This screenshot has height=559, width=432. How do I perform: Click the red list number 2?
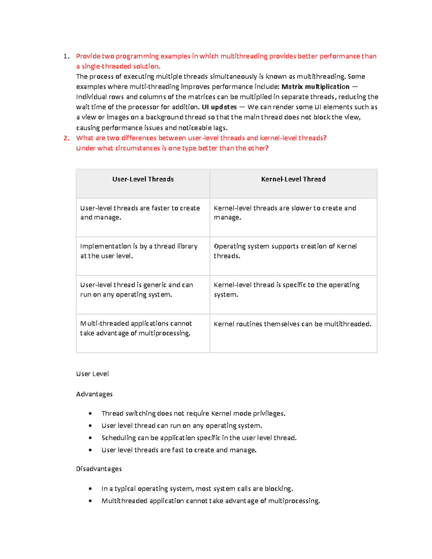tap(66, 138)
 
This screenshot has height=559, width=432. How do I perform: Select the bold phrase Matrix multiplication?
tap(315, 87)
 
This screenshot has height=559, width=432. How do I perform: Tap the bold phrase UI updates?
tap(219, 107)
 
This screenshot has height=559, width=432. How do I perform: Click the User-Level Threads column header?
tap(143, 179)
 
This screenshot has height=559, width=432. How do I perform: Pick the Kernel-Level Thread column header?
tap(293, 179)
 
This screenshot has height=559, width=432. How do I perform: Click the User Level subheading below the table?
tap(92, 374)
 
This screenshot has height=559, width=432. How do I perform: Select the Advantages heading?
tap(94, 394)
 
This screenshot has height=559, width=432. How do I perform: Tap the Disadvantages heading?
tap(99, 469)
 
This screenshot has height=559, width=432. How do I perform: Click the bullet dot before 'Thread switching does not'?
tap(90, 414)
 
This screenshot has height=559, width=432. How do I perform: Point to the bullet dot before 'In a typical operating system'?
tap(90, 489)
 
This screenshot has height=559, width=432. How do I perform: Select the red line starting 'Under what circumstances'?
tap(172, 148)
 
